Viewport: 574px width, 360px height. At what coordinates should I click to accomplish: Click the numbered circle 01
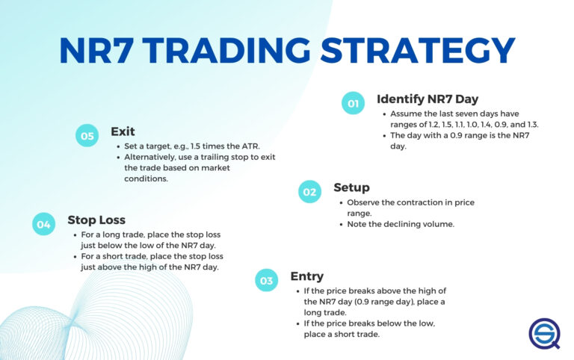pyautogui.click(x=353, y=104)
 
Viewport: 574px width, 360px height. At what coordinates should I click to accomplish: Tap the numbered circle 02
pyautogui.click(x=309, y=192)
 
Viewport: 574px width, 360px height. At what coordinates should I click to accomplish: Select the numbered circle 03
pyautogui.click(x=267, y=281)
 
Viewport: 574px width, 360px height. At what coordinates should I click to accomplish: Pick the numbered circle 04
pyautogui.click(x=44, y=224)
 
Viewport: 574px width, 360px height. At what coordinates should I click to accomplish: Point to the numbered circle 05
pyautogui.click(x=87, y=136)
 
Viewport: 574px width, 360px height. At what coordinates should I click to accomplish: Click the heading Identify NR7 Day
pyautogui.click(x=428, y=99)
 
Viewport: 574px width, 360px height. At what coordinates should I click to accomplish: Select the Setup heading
pyautogui.click(x=351, y=187)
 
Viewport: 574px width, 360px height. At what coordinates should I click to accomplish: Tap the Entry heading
pyautogui.click(x=307, y=276)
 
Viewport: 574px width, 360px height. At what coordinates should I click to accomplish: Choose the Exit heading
pyautogui.click(x=123, y=131)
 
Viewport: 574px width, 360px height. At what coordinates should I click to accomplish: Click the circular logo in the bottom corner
pyautogui.click(x=544, y=333)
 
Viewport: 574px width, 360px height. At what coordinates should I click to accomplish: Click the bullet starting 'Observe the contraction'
pyautogui.click(x=410, y=208)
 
